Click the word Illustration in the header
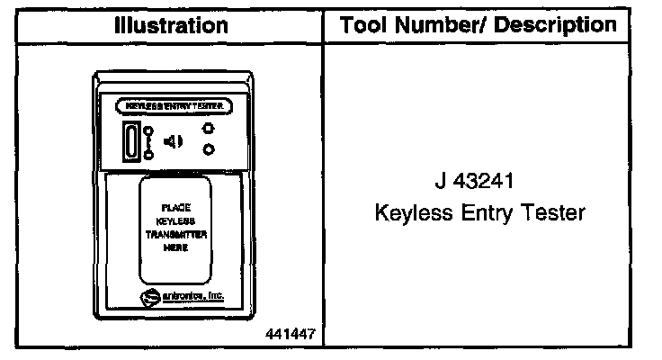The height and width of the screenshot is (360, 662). pyautogui.click(x=172, y=26)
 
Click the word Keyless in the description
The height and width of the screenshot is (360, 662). pyautogui.click(x=409, y=213)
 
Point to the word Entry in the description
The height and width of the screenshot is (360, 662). pyautogui.click(x=483, y=213)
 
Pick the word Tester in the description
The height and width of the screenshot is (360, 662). pyautogui.click(x=551, y=213)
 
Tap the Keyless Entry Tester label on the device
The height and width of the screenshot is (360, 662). pyautogui.click(x=174, y=106)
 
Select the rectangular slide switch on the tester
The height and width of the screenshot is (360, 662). pyautogui.click(x=132, y=141)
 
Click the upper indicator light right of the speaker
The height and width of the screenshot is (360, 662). pyautogui.click(x=208, y=130)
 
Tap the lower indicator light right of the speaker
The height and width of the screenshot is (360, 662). pyautogui.click(x=208, y=149)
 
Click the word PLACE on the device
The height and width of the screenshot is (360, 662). pyautogui.click(x=175, y=207)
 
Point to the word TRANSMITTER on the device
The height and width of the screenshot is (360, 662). pyautogui.click(x=176, y=234)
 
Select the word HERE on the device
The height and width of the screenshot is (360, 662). pyautogui.click(x=175, y=247)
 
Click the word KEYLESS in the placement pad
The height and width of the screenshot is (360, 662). pyautogui.click(x=175, y=220)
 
